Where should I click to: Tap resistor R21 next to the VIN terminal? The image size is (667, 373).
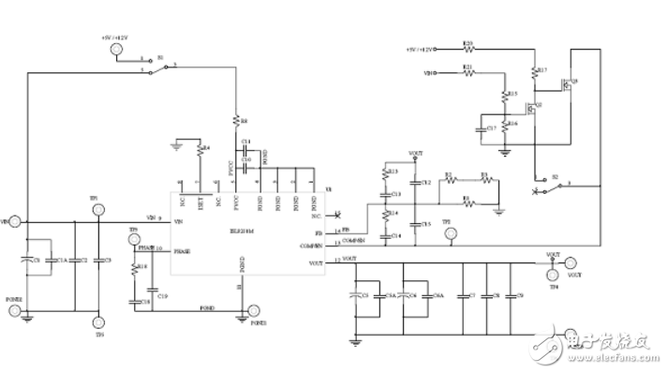point(468,72)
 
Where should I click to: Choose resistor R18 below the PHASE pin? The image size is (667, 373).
point(135,270)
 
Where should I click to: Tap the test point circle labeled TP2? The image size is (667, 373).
point(451,234)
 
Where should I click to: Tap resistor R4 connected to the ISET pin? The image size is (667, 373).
point(198,148)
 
